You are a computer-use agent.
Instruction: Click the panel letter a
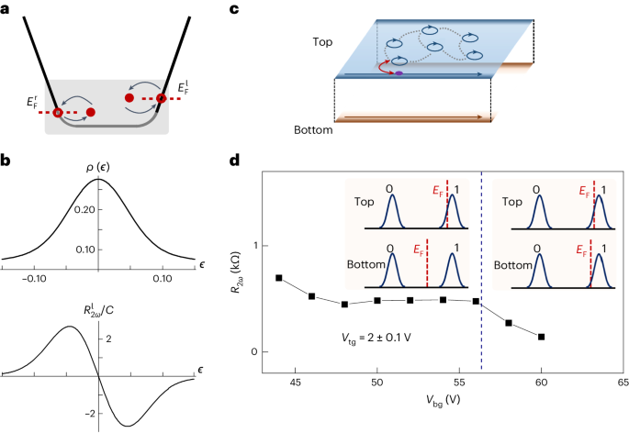point(8,10)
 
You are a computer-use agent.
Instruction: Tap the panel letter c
point(234,10)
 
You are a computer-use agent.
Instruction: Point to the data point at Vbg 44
point(279,278)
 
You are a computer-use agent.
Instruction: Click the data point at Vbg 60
point(542,337)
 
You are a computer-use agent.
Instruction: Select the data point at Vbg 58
point(509,323)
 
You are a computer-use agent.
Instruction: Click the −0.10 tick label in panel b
point(36,274)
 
